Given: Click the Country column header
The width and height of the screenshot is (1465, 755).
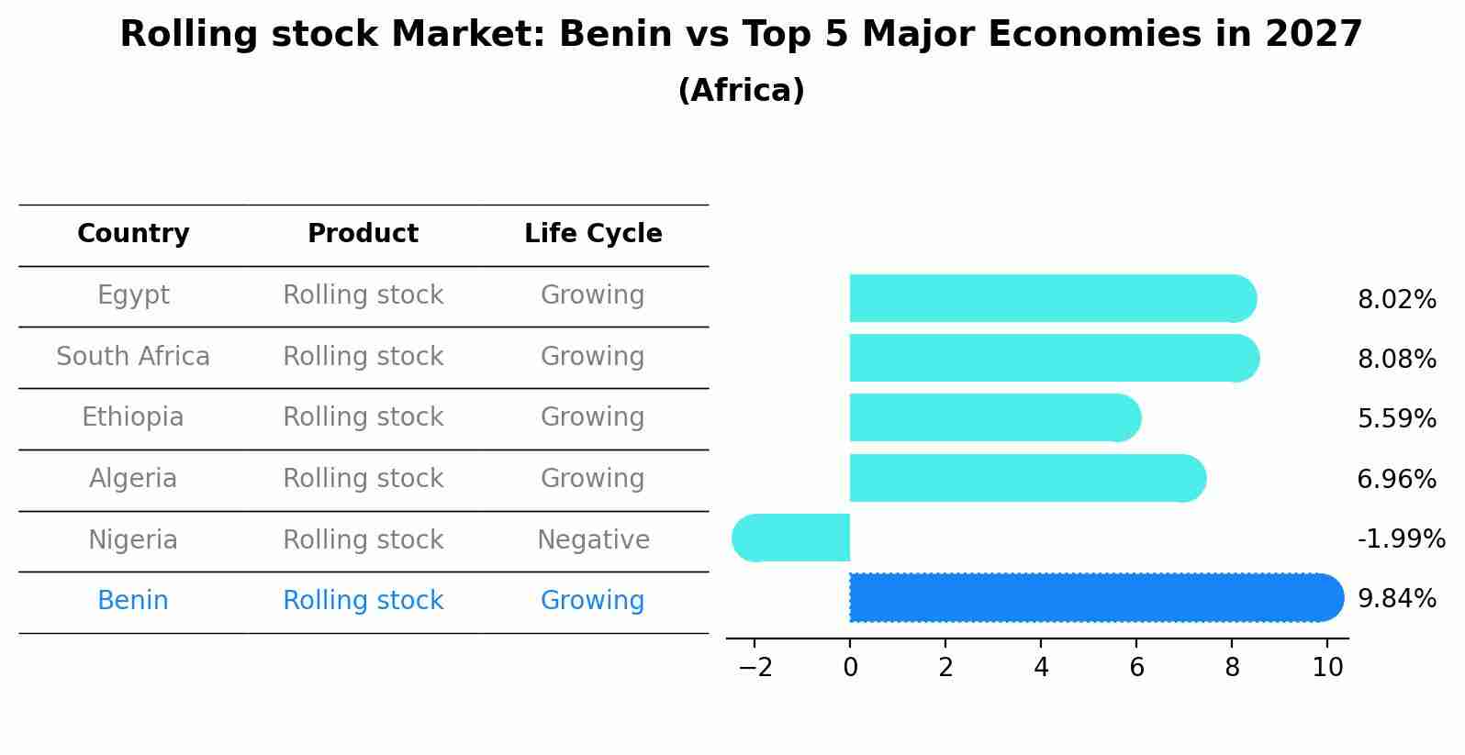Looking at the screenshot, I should point(133,234).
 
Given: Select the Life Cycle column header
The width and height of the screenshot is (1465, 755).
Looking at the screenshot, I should point(593,234).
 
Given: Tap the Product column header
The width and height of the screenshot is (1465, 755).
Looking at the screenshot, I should point(363,234).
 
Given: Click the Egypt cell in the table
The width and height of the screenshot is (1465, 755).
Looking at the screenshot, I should point(133,295).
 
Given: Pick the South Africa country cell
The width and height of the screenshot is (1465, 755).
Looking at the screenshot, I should point(133,357).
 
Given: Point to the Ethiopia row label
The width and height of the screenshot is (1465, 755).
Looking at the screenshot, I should point(133,417).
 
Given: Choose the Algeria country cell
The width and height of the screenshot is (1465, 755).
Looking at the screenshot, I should point(133,479).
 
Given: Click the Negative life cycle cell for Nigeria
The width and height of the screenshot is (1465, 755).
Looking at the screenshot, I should point(593,540).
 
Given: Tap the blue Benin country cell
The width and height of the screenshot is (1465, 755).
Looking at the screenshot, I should point(133,601).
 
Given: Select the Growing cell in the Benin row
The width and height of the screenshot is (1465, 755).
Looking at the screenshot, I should point(593,601).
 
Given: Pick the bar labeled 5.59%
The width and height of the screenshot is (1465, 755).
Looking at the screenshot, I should point(991,417).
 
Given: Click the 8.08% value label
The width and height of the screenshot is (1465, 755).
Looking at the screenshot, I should point(1396,360).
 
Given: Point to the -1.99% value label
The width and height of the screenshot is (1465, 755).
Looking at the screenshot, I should point(1401,539).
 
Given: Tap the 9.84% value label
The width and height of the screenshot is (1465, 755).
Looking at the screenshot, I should point(1396,599).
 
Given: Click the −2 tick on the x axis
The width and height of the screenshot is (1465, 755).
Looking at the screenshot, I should point(755,668).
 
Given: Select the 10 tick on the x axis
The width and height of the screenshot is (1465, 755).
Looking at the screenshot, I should point(1327,668).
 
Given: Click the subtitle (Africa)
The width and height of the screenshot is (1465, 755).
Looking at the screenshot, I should point(741,91).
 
